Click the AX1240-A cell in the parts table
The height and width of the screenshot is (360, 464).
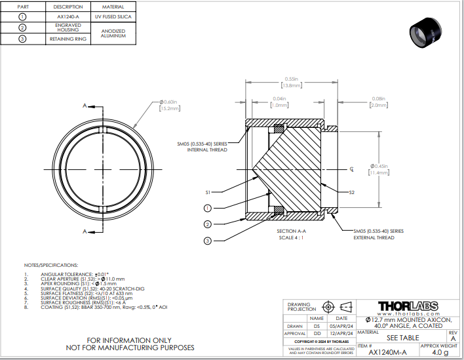coord(68,16)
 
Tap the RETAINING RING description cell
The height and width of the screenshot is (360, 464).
coord(68,39)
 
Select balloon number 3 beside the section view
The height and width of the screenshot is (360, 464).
coord(207,241)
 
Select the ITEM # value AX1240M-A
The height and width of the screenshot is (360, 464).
coord(387,352)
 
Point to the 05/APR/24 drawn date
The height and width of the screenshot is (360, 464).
coord(341,326)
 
